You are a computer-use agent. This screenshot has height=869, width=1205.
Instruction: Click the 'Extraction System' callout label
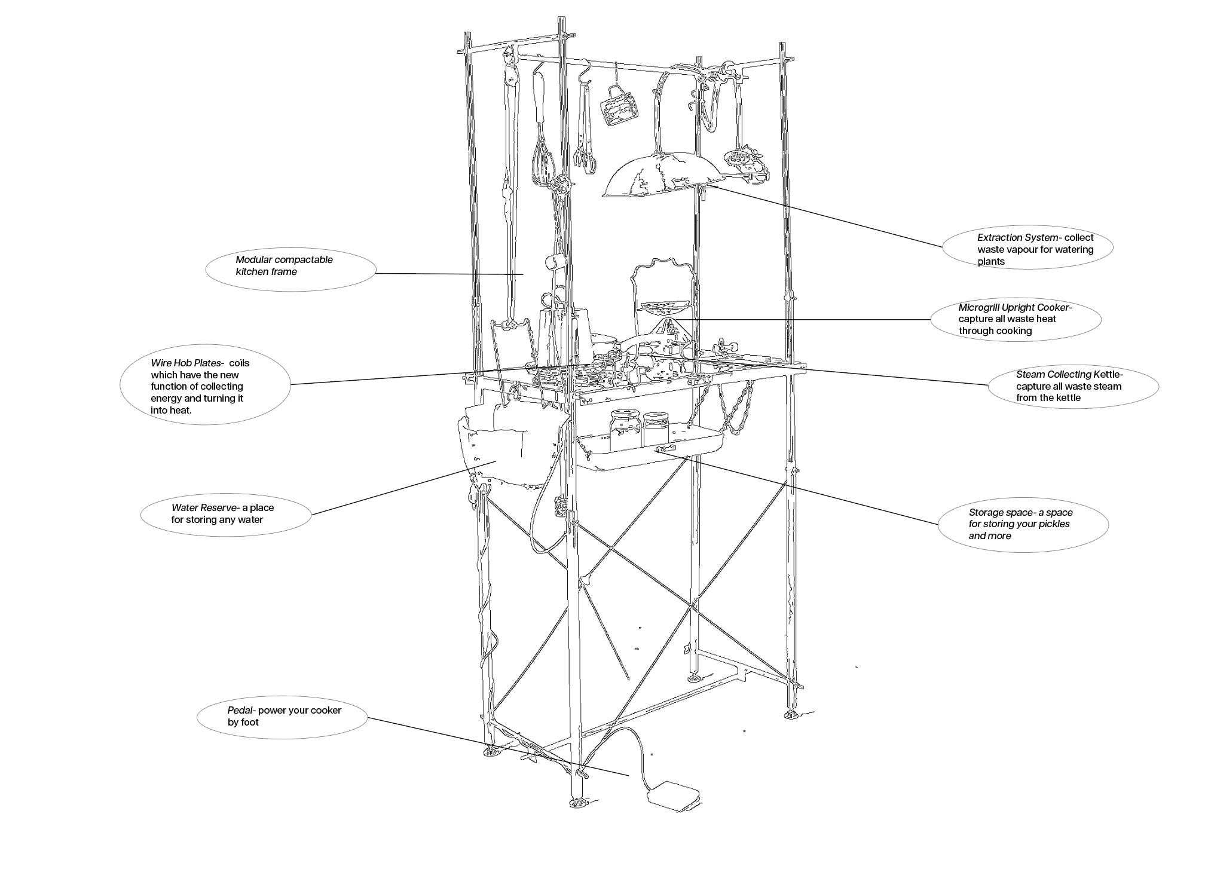coord(1027,249)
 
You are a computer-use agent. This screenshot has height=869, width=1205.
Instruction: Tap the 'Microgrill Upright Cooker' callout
coord(1015,319)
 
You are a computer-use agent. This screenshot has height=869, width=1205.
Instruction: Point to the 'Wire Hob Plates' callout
coord(205,386)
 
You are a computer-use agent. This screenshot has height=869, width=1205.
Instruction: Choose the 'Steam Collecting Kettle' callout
coord(1072,386)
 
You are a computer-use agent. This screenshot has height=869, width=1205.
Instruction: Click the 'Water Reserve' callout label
coord(226,514)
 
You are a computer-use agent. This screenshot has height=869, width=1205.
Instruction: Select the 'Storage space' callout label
coord(1022,524)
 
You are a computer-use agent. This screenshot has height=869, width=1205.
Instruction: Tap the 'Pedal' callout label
coord(282,716)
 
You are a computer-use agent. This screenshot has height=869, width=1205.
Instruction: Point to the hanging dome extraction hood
coord(662,176)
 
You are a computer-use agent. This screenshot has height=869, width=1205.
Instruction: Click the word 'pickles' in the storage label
coord(1054,524)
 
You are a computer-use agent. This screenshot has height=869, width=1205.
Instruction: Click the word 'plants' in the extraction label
coord(991,261)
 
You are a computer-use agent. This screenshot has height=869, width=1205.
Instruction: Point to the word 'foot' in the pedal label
coord(250,722)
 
